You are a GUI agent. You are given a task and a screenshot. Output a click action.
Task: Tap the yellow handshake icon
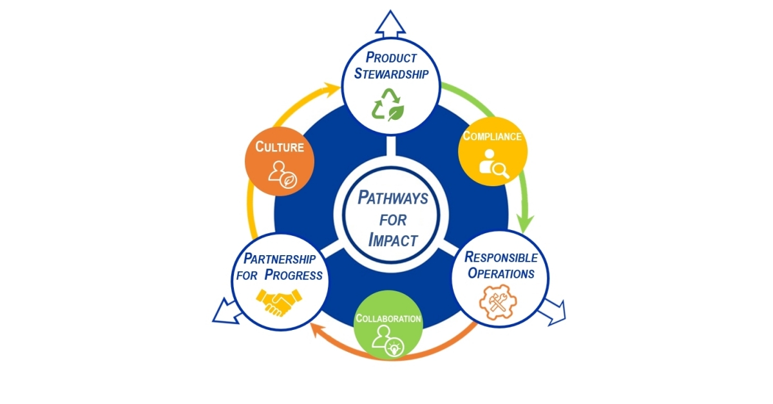click(x=280, y=302)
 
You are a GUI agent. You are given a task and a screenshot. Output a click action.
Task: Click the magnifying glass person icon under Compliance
click(x=494, y=163)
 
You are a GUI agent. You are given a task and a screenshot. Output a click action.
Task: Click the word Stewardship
click(x=391, y=73)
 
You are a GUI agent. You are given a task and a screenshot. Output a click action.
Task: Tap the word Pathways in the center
click(x=392, y=198)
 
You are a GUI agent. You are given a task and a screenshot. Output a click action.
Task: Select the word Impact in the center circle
click(x=393, y=240)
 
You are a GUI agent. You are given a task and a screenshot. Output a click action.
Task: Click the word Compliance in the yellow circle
click(x=492, y=137)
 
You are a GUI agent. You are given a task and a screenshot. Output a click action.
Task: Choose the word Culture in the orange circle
click(x=280, y=146)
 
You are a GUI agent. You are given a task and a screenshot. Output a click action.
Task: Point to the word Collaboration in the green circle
click(x=388, y=318)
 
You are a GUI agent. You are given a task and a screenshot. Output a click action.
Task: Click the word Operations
click(x=501, y=273)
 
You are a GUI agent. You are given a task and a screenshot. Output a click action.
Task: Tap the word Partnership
click(x=280, y=259)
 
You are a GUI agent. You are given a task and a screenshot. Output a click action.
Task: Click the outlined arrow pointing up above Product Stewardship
click(x=390, y=23)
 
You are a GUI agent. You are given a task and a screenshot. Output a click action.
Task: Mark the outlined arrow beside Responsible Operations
click(x=552, y=312)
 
